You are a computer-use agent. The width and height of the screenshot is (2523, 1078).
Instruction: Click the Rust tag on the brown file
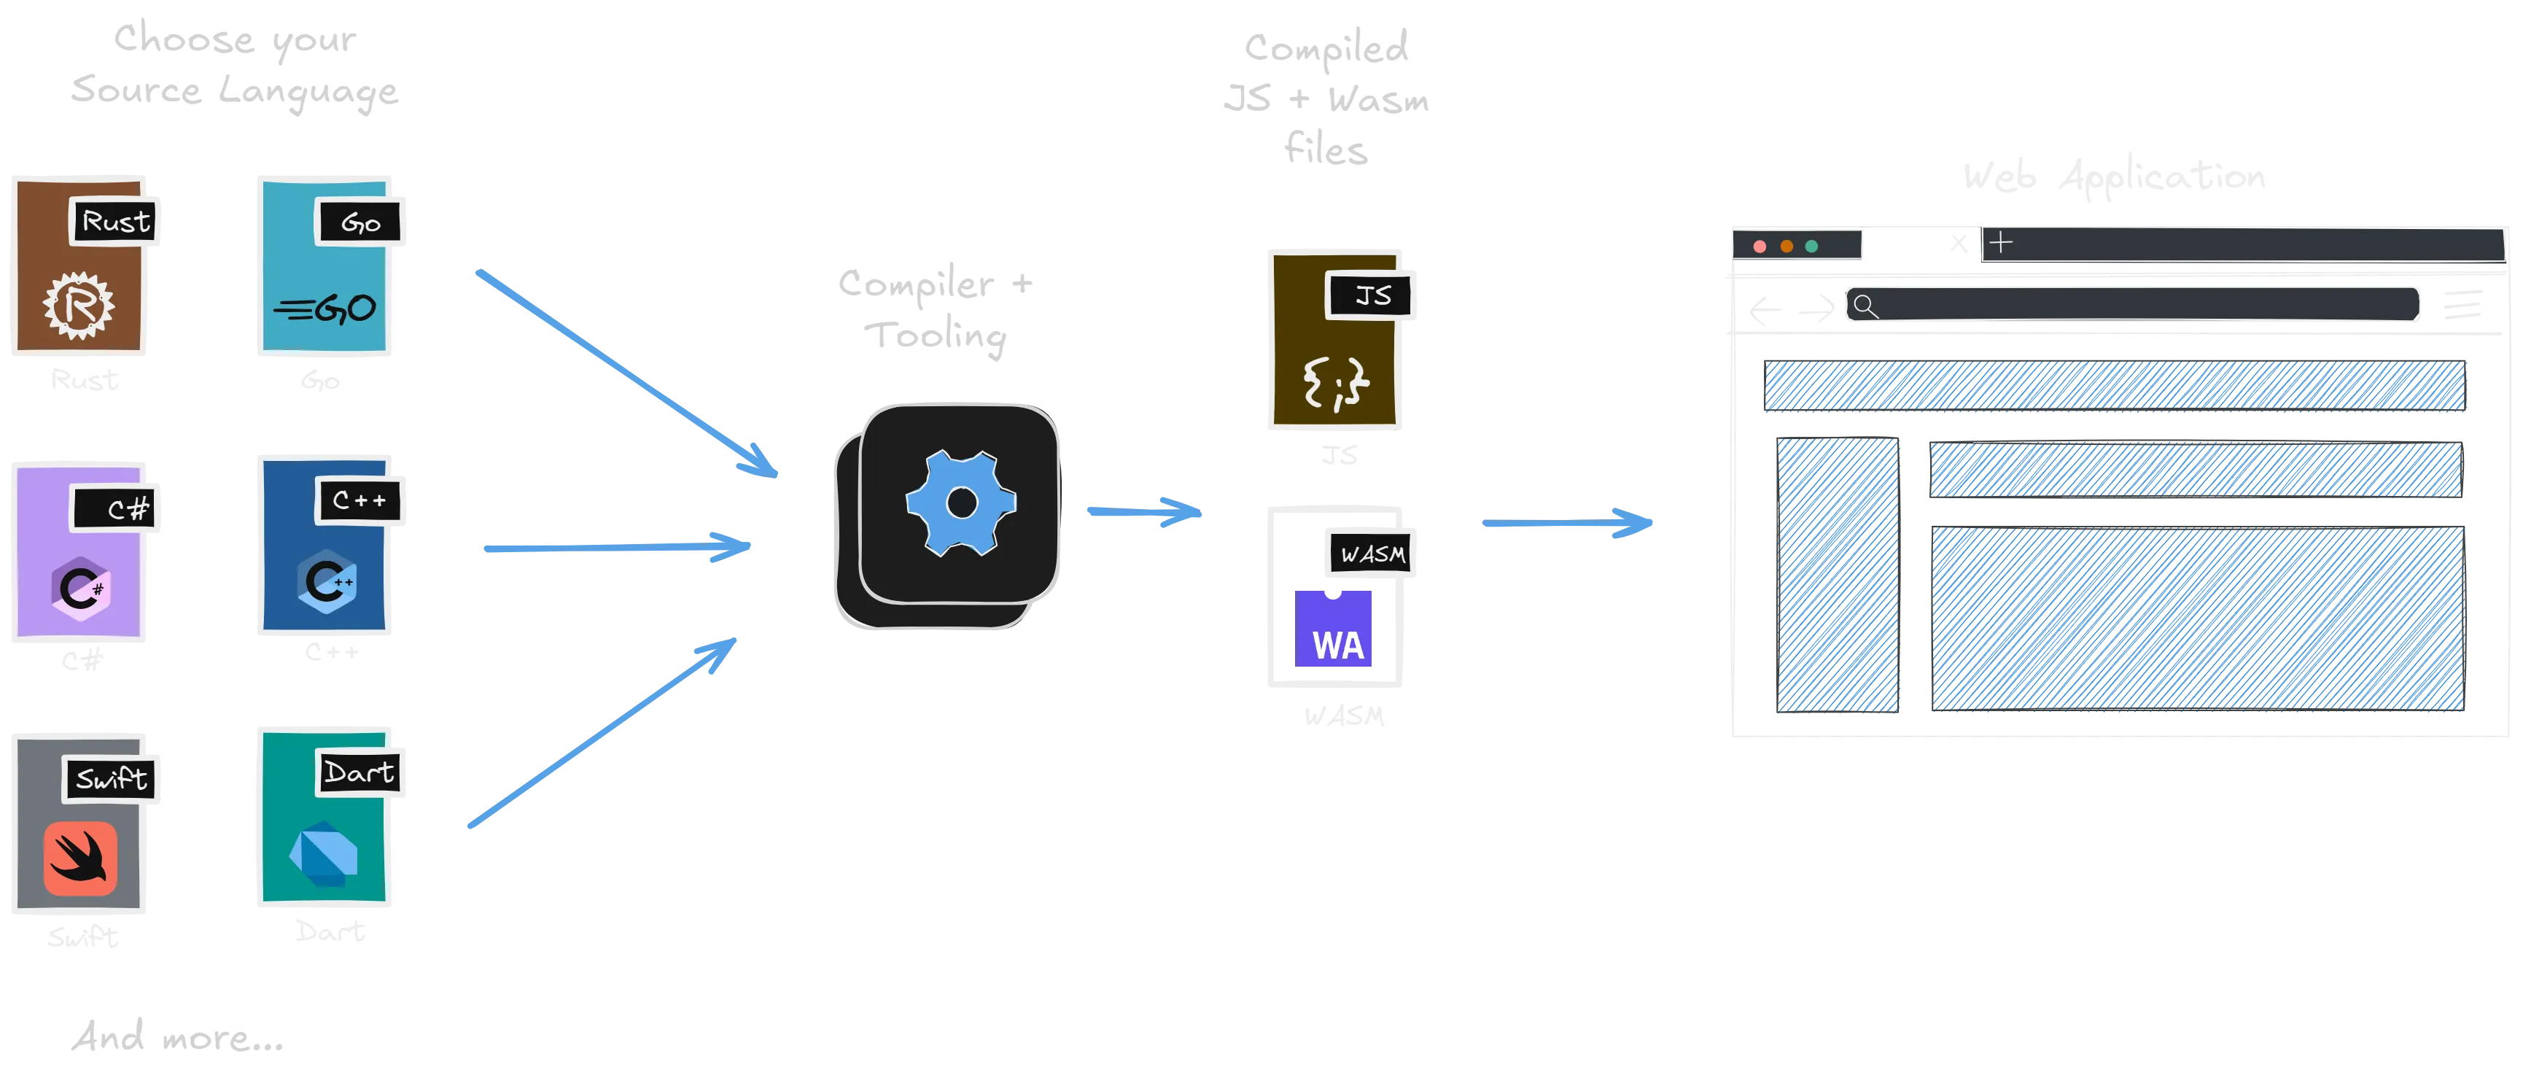(115, 222)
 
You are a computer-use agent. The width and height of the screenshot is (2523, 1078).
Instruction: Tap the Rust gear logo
(78, 306)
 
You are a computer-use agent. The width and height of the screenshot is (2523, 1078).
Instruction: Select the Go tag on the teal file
(359, 223)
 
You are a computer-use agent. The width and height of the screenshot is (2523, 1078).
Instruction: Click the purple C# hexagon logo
(80, 588)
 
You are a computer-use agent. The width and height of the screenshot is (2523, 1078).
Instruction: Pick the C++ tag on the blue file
(359, 501)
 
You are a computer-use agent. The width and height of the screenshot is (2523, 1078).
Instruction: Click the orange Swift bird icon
(80, 858)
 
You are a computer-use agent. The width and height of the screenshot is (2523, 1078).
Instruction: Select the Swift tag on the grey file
(112, 779)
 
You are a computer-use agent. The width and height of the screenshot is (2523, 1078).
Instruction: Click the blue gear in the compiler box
(961, 503)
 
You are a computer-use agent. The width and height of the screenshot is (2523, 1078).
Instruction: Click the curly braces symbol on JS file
(1336, 382)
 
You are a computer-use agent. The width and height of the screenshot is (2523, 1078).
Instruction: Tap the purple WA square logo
(1336, 630)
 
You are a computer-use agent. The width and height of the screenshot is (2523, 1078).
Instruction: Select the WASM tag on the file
(1371, 554)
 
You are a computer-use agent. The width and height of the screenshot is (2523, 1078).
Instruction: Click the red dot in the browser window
(1759, 246)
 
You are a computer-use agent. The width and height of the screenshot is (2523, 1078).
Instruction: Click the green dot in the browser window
(1811, 246)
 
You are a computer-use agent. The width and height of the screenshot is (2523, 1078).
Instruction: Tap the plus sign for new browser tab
(2001, 242)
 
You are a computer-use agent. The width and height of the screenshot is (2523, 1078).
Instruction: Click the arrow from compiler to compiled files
(1144, 511)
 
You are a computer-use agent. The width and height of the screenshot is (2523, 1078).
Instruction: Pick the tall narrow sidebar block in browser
(1838, 574)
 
